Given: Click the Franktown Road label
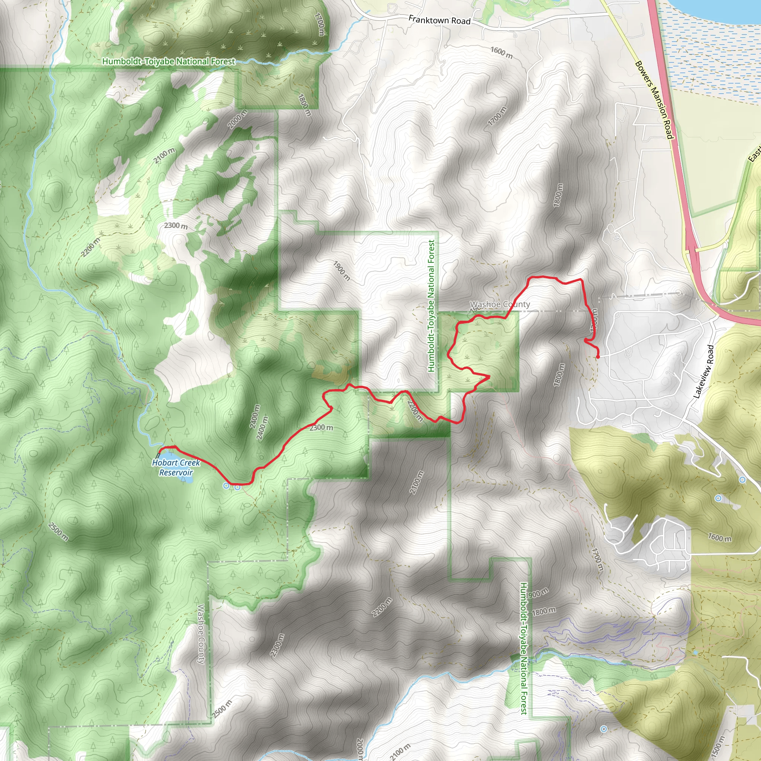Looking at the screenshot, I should pos(439,20).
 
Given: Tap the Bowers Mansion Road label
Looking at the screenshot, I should pos(654,100).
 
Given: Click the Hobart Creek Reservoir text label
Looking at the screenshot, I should pos(176,467).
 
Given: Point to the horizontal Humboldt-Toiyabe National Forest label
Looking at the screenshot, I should pos(169,61).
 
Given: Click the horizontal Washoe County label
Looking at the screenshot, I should pos(500,304).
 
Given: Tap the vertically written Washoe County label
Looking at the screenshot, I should pos(201,634).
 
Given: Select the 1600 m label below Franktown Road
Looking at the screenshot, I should pos(501,53).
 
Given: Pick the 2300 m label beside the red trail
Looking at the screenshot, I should pos(321,428).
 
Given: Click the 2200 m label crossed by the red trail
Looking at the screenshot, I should pos(415,411).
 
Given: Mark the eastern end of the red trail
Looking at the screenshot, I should pos(598,357).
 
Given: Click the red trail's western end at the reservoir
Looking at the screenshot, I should pos(159,448).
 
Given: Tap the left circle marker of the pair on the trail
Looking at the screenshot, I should pos(226,486).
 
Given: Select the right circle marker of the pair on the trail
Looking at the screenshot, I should pos(237,487).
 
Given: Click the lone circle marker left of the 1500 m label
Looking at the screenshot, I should pos(603,729).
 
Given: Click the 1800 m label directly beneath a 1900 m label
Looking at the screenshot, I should pos(544,611).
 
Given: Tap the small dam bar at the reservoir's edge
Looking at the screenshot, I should pos(158,456).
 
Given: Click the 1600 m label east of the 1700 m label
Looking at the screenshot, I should pos(720,538).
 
